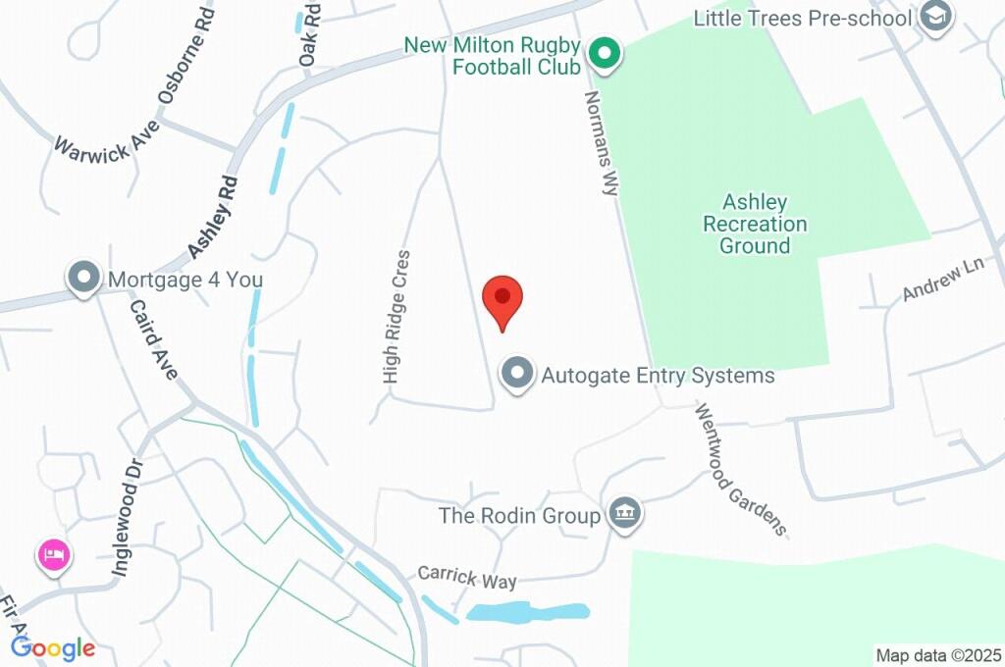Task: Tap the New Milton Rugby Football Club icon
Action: [606, 52]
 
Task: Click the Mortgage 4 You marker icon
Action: [83, 279]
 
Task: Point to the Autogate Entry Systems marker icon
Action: [517, 374]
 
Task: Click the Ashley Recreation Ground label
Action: [755, 224]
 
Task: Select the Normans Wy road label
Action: [600, 143]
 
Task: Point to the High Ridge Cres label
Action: [397, 316]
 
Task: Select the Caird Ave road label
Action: [153, 339]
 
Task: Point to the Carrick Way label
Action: [467, 578]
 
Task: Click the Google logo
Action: [53, 647]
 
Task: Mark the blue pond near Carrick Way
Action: [527, 612]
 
